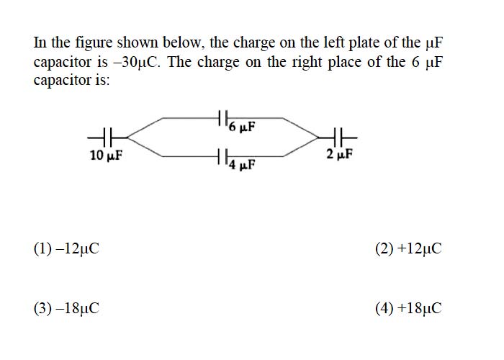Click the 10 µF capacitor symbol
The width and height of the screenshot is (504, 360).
tap(107, 138)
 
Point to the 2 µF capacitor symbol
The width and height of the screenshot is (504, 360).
tap(338, 138)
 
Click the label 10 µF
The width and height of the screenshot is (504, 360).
tap(106, 156)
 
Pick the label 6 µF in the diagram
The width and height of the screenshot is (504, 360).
tap(242, 127)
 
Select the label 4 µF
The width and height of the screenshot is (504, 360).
tap(242, 165)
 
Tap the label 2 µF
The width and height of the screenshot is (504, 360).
tap(339, 154)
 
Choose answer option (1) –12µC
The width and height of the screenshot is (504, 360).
tap(66, 248)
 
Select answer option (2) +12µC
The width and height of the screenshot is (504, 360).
tap(408, 248)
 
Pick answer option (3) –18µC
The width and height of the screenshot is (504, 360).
tap(66, 308)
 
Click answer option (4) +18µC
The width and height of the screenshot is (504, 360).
tap(408, 308)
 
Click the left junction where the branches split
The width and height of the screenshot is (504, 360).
tap(127, 138)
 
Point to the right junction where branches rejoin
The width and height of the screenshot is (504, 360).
tap(318, 138)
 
